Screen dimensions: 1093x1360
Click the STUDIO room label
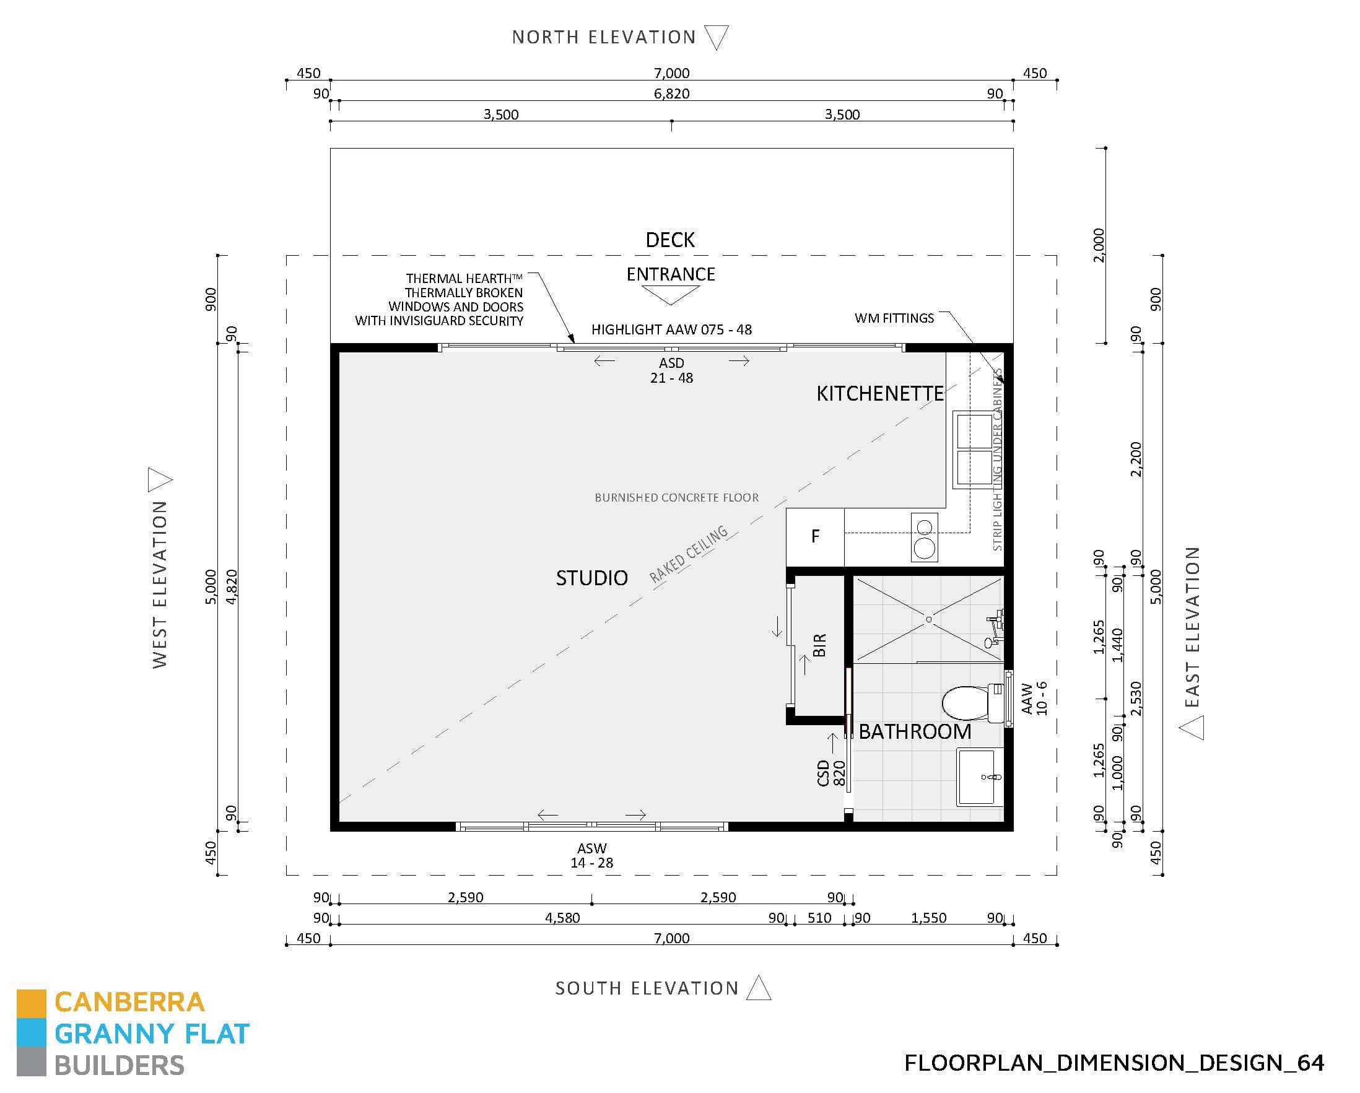coord(591,578)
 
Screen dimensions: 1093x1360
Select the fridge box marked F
coord(815,536)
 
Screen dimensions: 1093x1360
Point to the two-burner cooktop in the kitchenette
coord(924,537)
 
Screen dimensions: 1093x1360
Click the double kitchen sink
coord(975,449)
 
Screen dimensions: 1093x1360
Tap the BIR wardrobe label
coord(819,645)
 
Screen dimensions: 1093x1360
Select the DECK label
coord(670,240)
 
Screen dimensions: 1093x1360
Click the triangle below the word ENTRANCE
coord(671,295)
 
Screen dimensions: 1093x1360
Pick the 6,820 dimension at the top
coord(671,94)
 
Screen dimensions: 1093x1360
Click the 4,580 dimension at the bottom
coord(562,918)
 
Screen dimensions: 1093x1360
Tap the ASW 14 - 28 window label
coord(591,855)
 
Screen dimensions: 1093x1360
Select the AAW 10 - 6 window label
coord(1034,698)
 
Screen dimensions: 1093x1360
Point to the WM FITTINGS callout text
coord(894,318)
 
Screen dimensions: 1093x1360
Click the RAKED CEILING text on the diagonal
coord(689,555)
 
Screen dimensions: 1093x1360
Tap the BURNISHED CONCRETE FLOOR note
coord(676,498)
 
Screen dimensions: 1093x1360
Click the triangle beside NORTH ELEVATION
coord(716,37)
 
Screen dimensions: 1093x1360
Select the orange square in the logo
coord(31,1003)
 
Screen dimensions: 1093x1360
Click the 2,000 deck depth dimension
coord(1099,245)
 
